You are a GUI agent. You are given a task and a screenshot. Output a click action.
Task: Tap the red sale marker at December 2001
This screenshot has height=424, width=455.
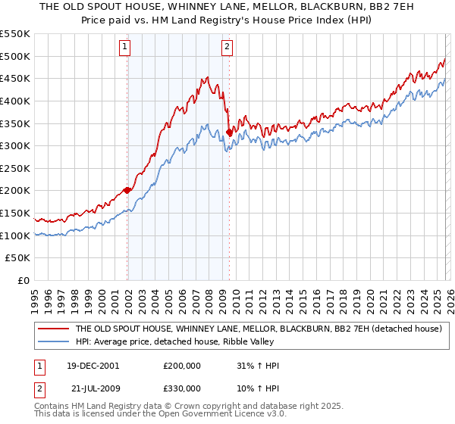[127, 190]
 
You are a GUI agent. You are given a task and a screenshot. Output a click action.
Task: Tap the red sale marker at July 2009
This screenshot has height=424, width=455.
[229, 132]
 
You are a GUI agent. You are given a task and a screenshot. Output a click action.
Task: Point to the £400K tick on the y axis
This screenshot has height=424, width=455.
[16, 101]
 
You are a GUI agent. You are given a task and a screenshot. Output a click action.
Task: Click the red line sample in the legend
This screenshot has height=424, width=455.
[52, 329]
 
